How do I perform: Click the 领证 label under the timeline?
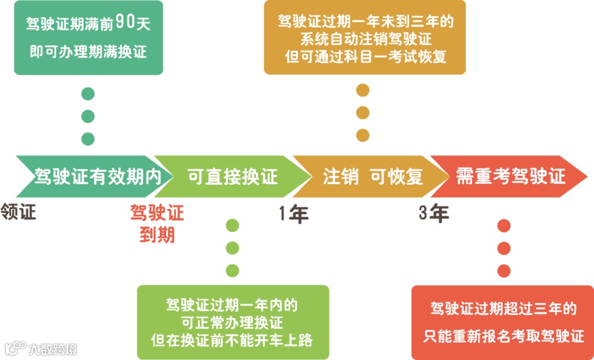(x=18, y=212)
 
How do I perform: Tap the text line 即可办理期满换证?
(x=88, y=52)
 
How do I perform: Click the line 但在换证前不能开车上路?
(x=232, y=340)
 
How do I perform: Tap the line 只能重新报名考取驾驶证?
(x=503, y=336)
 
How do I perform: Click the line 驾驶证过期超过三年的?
(x=503, y=309)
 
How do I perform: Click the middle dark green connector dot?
(x=88, y=117)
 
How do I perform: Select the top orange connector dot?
(x=362, y=90)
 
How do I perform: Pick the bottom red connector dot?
(x=504, y=270)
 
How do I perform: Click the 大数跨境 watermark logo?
(x=41, y=348)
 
